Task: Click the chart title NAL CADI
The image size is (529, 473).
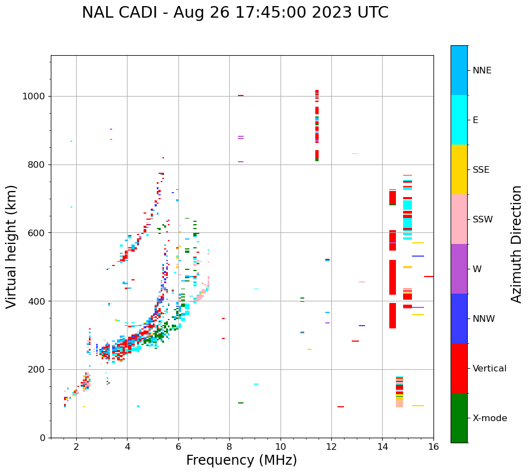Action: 235,13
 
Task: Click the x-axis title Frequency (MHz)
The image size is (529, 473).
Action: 241,460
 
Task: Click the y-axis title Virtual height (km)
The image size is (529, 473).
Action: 12,247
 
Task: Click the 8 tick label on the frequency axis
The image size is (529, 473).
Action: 229,447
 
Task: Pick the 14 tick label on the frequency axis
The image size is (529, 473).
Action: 383,447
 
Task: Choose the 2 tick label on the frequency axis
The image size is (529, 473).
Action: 76,447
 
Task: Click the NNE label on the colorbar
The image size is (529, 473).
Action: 482,71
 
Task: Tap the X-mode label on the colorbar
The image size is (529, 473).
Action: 489,418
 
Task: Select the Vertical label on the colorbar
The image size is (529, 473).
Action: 489,369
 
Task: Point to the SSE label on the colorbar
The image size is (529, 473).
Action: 481,170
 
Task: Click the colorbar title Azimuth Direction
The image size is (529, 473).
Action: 516,244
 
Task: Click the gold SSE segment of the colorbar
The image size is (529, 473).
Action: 459,169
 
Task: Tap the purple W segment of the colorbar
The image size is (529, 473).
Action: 459,269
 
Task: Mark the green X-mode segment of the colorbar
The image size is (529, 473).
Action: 459,418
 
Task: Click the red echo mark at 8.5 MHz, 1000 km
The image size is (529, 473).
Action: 241,95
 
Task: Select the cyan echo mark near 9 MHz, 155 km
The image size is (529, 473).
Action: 256,384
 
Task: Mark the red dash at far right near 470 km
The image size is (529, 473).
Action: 429,277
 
